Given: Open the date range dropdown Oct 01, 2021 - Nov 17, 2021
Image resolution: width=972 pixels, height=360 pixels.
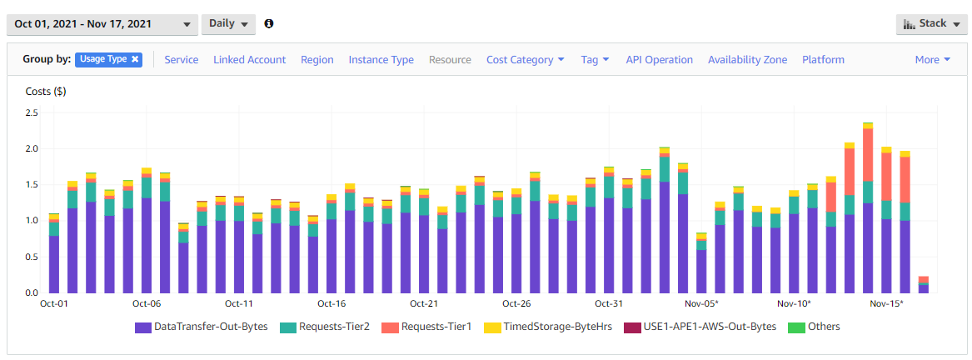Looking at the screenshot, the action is pos(102,24).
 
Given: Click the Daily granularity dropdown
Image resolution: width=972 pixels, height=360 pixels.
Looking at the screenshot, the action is pos(228,24).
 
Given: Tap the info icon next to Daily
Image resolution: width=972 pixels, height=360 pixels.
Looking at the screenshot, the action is pos(268,23).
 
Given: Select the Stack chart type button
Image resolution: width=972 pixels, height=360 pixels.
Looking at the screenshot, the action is pos(932,24).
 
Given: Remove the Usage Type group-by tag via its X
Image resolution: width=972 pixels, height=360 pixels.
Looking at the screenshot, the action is pos(135,60).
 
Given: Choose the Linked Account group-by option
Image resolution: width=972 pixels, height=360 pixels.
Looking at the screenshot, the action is pos(250,60).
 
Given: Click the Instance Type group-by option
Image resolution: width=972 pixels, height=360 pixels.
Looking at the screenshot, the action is pos(381,60).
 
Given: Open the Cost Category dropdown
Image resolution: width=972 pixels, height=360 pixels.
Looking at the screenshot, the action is pos(526,60).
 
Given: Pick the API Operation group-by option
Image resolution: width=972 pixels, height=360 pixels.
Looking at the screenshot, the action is pos(660,60).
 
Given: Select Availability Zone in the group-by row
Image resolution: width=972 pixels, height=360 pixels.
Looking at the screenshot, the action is pos(748,60).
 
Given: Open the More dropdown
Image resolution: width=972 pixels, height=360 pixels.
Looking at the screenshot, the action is pos(933,60).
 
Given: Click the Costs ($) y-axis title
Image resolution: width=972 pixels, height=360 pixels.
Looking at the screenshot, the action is pos(46,92).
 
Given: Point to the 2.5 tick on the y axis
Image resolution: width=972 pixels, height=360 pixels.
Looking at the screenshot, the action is pos(32,113).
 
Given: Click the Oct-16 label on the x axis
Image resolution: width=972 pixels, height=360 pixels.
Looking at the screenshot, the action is pos(331,303).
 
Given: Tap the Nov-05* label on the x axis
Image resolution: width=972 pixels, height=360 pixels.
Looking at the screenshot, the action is pos(702,303).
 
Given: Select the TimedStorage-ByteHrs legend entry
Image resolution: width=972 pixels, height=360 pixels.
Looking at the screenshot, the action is pos(548,327).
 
